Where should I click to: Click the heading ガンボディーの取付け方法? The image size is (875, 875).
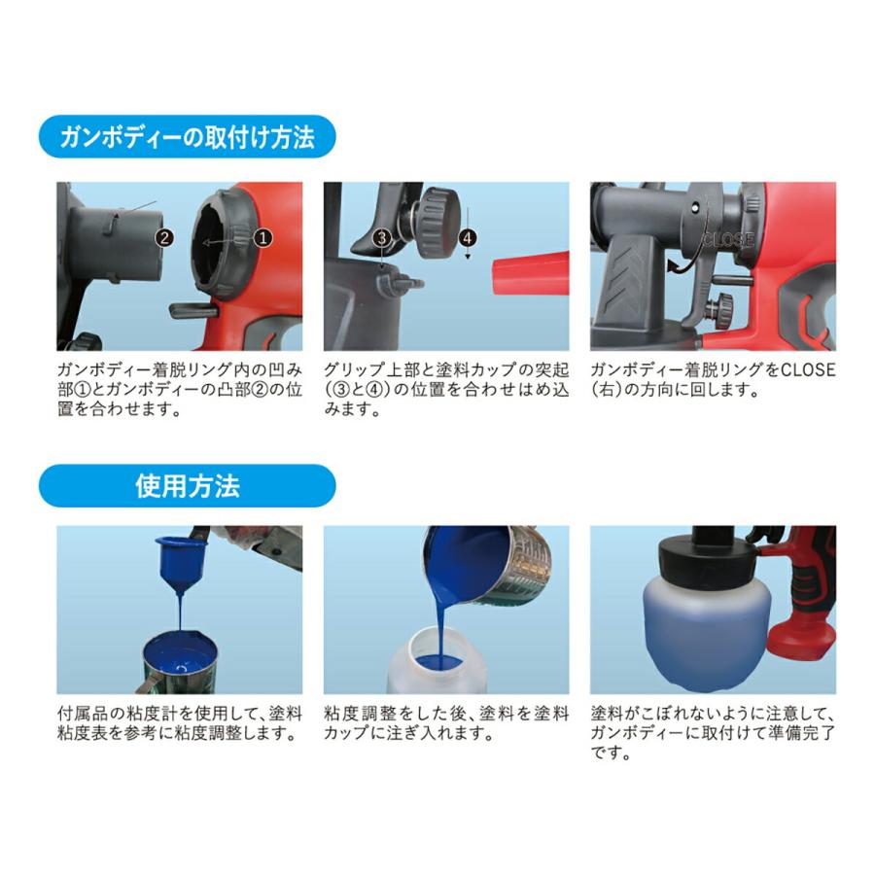[187, 137]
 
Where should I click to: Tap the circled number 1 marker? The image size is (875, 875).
[262, 236]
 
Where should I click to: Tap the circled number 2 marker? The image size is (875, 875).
[165, 236]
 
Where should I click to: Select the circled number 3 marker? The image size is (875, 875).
[382, 236]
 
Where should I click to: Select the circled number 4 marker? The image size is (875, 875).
[469, 236]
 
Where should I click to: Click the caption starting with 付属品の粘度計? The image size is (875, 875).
[179, 723]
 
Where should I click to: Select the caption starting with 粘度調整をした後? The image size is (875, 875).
[446, 723]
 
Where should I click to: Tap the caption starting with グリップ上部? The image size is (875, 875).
[446, 389]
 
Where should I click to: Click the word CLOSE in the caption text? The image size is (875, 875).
[812, 370]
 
